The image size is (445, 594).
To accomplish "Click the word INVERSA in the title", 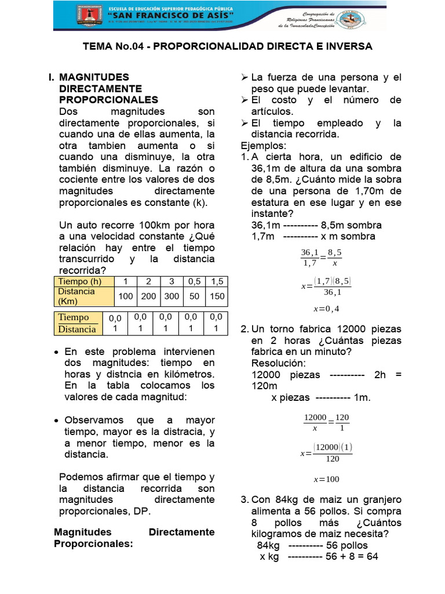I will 348,46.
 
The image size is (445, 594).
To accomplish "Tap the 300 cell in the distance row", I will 172,296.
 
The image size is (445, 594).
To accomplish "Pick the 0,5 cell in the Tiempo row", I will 194,281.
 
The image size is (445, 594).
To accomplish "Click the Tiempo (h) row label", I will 82,281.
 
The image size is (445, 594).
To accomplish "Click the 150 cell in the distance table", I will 217,296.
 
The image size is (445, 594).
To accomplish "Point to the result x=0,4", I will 326,308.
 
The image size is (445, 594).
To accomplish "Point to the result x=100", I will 326,479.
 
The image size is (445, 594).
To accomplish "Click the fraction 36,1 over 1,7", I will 311,258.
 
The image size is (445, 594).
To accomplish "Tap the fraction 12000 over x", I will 315,423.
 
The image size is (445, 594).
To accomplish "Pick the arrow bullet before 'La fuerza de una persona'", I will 245,77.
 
